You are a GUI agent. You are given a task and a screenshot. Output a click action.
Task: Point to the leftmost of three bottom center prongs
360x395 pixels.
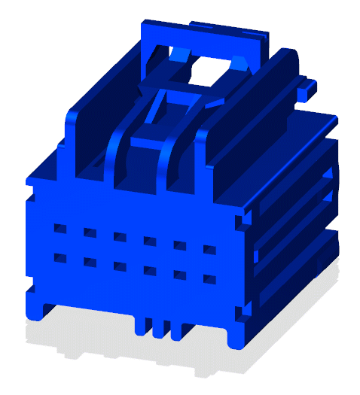click(141, 324)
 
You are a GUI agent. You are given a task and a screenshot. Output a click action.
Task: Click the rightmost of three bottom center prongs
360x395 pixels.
click(175, 329)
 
